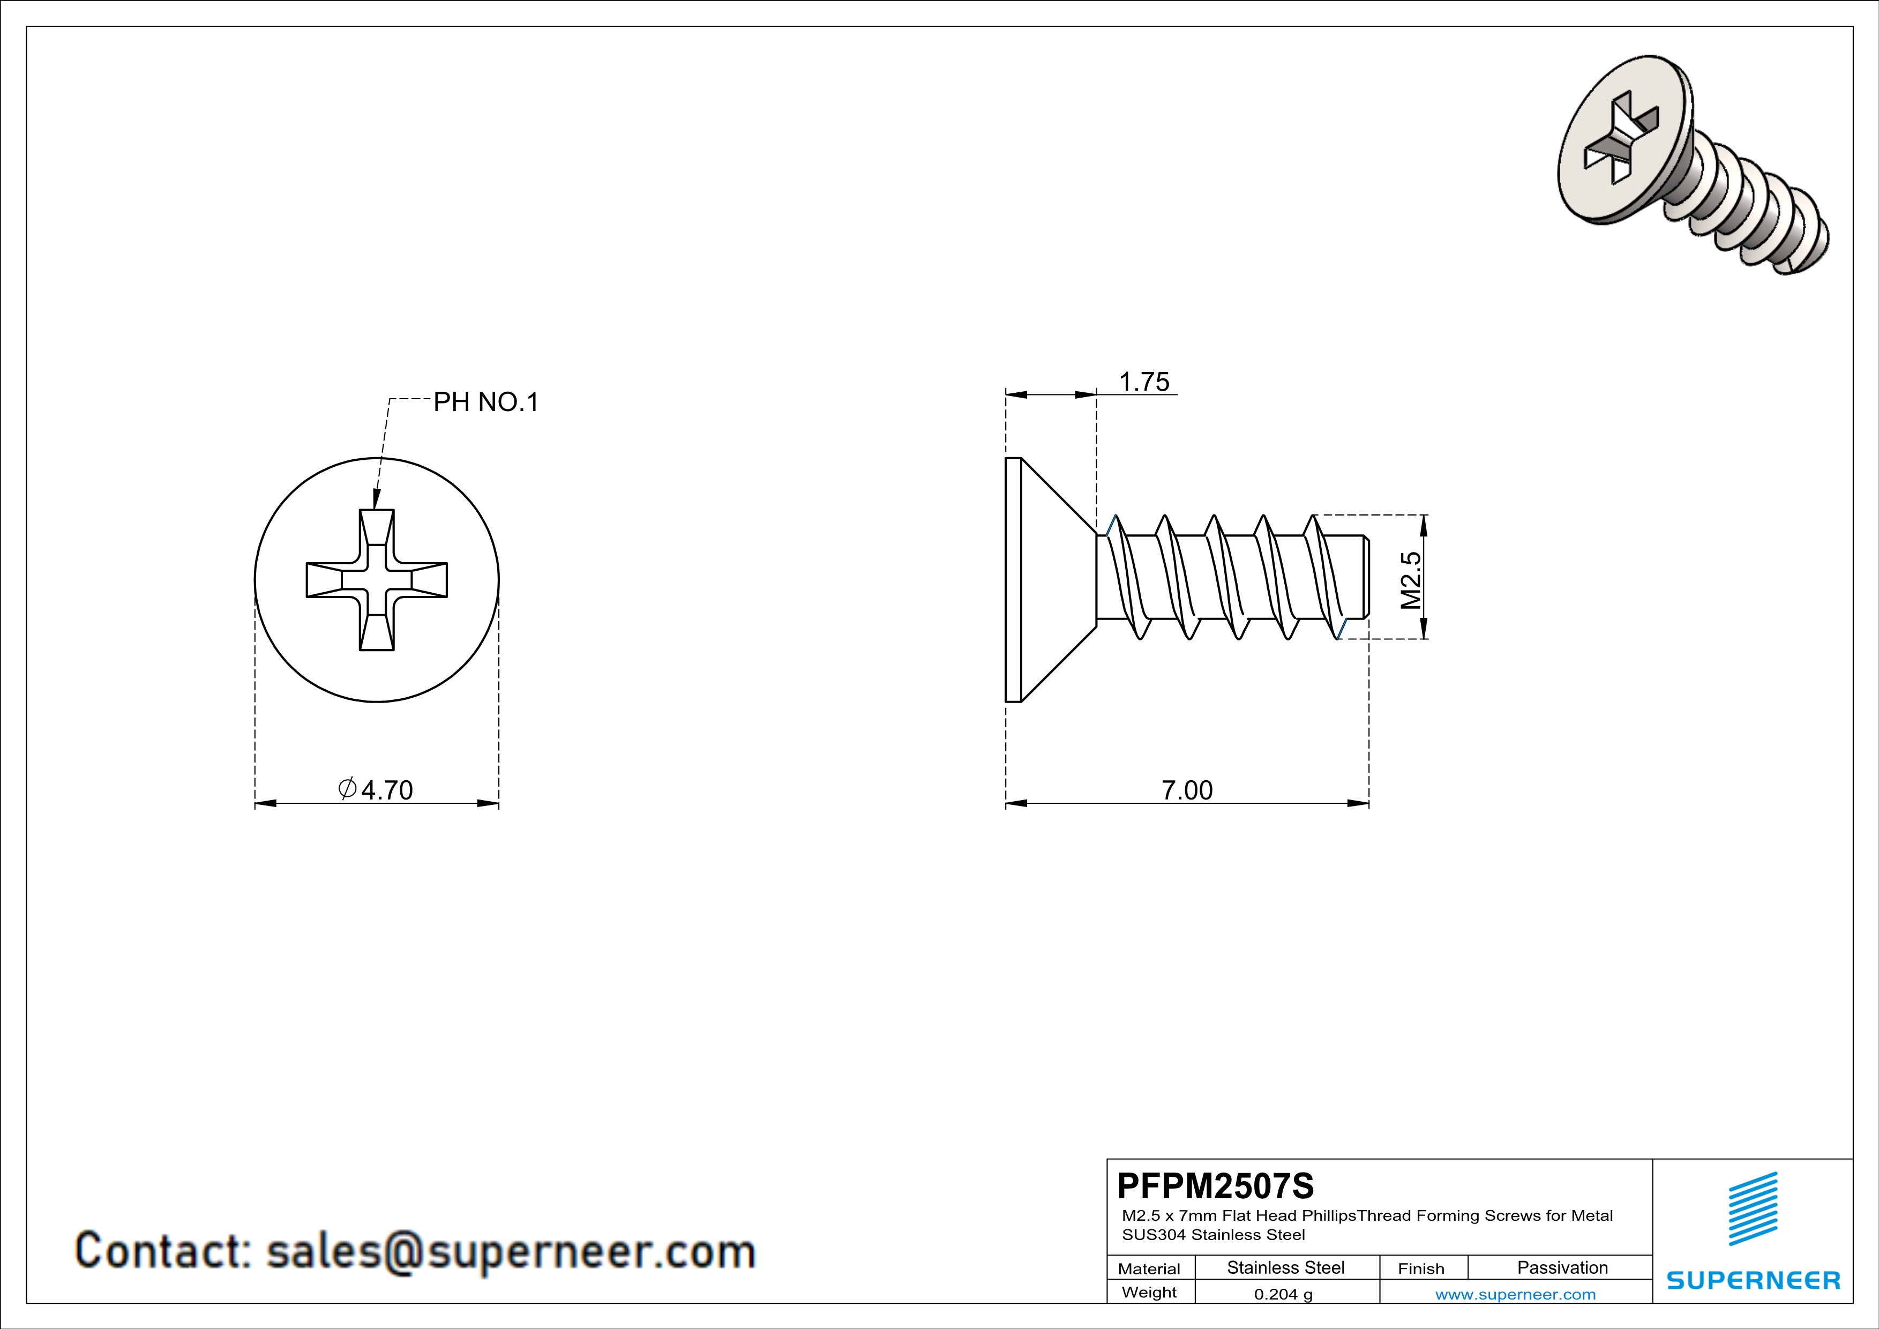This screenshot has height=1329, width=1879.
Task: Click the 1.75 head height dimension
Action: coord(1143,382)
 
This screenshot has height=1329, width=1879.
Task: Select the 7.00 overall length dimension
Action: coord(1187,790)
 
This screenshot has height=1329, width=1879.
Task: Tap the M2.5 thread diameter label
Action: coord(1411,580)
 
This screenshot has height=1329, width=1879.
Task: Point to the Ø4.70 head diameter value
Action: coord(377,790)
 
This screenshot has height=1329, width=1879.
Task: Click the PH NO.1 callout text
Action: coord(485,402)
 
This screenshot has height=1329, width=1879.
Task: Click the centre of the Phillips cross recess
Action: coord(377,580)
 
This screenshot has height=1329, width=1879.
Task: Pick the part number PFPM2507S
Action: coord(1215,1185)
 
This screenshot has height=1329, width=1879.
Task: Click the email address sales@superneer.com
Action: coord(511,1252)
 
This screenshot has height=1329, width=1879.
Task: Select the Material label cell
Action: coord(1149,1268)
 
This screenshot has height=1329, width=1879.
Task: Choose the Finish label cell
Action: coord(1421,1268)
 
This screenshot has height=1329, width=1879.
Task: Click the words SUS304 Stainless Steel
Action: coord(1213,1235)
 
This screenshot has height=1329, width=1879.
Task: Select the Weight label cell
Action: coord(1149,1292)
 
